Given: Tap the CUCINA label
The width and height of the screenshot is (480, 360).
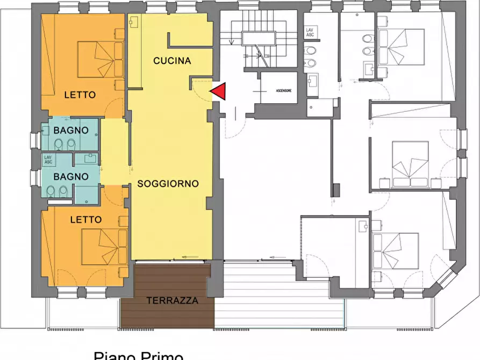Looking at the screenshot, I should [x=172, y=61].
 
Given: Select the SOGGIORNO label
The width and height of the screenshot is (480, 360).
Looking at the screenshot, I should [x=168, y=183].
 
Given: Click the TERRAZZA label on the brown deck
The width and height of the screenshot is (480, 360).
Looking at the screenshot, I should [x=172, y=300].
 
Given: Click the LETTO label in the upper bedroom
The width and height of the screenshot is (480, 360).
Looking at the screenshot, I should [x=80, y=95].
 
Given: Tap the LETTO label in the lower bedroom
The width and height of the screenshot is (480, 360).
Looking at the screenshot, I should [x=85, y=219].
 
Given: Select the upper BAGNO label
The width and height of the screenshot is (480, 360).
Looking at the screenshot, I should [x=71, y=130].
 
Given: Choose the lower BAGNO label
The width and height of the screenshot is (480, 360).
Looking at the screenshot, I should [x=71, y=176].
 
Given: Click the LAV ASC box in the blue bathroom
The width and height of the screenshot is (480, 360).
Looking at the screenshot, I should [x=48, y=160].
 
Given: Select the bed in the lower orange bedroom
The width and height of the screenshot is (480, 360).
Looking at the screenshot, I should [x=101, y=247].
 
